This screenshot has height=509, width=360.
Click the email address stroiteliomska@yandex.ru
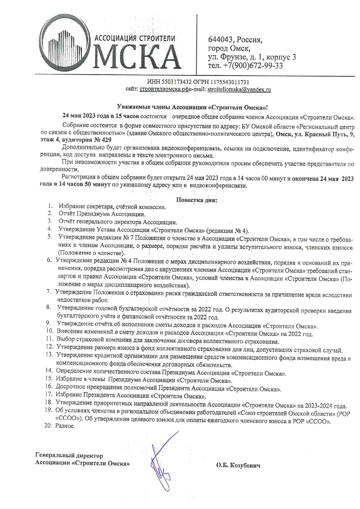pyautogui.click(x=239, y=90)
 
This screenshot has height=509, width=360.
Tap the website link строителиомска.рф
pyautogui.click(x=164, y=90)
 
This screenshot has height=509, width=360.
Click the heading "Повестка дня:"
pyautogui.click(x=197, y=200)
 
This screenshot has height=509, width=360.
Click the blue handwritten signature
pyautogui.click(x=161, y=461)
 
